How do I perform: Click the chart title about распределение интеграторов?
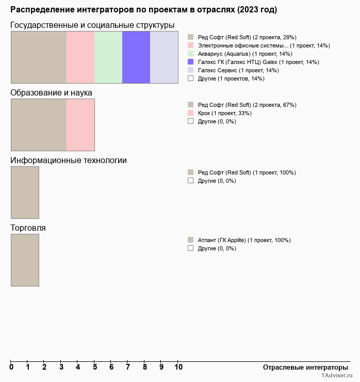143,10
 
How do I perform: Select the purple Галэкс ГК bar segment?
136,57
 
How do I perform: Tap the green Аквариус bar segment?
108,57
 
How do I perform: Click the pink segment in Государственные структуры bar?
80,57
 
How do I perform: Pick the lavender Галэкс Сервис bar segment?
164,57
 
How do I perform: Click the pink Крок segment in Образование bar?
80,125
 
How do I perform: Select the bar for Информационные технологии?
25,193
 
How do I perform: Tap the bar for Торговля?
25,260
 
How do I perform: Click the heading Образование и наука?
52,93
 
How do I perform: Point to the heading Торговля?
28,228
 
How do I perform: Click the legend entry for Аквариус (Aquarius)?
245,54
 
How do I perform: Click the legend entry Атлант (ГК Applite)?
244,240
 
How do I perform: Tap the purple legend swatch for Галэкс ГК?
191,62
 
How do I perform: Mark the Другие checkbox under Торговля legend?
191,248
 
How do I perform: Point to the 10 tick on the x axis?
178,367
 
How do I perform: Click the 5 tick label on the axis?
94,367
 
